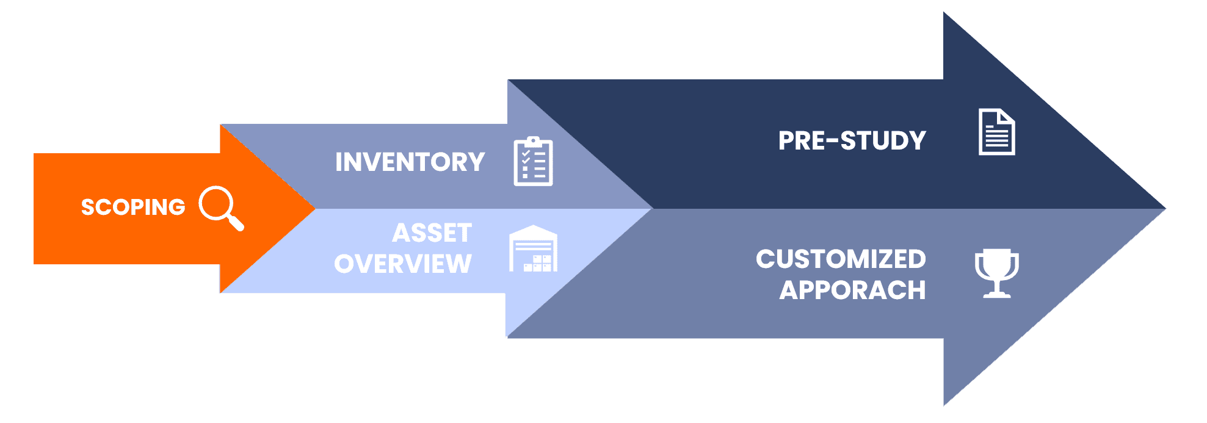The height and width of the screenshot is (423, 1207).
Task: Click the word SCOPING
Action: click(x=133, y=207)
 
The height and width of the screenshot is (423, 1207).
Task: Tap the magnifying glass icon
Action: click(x=221, y=208)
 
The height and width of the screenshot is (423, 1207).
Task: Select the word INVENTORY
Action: click(x=410, y=162)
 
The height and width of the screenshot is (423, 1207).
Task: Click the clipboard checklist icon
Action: click(x=533, y=161)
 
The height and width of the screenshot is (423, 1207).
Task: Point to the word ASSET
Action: click(x=432, y=233)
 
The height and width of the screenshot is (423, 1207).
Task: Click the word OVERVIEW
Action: click(x=403, y=264)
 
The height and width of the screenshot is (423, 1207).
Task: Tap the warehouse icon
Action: click(x=533, y=248)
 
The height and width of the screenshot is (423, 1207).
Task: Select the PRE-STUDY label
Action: click(x=852, y=140)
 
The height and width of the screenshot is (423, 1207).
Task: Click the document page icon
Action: click(x=996, y=132)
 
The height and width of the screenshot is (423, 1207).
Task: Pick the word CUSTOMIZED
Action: click(x=841, y=259)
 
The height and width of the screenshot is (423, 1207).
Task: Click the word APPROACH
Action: click(x=852, y=290)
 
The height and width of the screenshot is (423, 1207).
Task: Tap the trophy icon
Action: click(x=996, y=273)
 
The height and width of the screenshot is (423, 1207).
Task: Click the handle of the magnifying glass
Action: click(x=234, y=222)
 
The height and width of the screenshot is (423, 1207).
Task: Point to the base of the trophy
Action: click(x=996, y=294)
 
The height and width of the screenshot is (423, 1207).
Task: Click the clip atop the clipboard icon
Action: click(x=533, y=141)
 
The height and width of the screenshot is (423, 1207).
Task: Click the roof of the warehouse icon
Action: click(x=533, y=231)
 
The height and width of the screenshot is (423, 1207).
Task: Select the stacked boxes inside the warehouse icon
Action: click(x=538, y=263)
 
